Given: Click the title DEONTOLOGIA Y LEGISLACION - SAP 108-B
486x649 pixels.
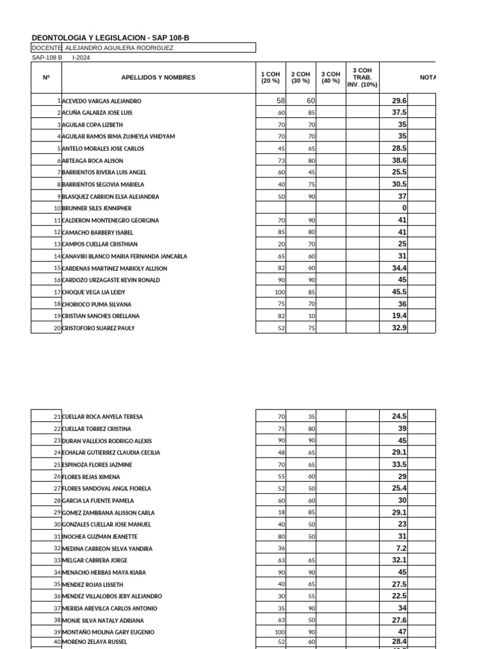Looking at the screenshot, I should coord(110,38).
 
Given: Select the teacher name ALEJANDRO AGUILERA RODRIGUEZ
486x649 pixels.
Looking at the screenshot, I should coord(119,48).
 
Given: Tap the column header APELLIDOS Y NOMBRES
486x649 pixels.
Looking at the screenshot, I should coord(158,77).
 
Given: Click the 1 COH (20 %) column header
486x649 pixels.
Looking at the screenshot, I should coord(270,77).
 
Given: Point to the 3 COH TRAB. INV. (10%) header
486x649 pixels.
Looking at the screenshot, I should coord(362,77).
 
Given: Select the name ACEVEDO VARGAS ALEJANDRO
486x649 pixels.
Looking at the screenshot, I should coord(101,101).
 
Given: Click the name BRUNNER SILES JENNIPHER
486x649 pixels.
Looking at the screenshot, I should coord(96,208).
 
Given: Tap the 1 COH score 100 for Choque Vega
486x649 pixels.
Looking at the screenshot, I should coord(280,292).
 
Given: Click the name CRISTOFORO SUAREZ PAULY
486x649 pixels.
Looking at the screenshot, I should coord(98,328).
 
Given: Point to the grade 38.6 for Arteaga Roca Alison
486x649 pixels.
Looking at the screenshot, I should coord(399,161).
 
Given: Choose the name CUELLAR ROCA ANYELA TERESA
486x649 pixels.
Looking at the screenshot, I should coord(102,417).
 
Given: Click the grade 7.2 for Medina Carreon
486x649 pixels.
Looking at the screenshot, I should coord(401,548).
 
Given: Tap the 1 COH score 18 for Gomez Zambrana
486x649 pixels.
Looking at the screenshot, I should coord(282,513).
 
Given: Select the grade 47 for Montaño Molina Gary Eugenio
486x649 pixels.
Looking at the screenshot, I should coord(402,632).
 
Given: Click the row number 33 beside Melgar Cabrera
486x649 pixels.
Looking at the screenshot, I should coord(57,560).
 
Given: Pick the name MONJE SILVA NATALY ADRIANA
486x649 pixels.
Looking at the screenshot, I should coord(103,620).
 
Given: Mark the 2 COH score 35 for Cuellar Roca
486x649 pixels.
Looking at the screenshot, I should coord(311,417).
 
